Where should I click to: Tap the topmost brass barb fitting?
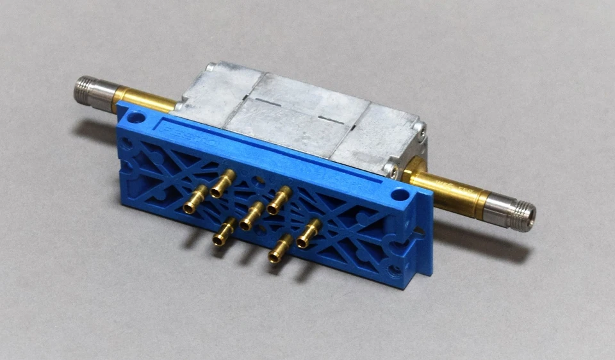point(222,184)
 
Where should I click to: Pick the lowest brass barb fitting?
point(280,249)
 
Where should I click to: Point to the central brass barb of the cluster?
point(251,216)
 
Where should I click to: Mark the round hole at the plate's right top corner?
point(401,194)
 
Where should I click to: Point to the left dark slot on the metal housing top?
point(267,103)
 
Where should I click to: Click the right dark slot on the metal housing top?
point(332,120)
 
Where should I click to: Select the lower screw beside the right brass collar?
point(389,170)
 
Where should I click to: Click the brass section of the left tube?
point(144,100)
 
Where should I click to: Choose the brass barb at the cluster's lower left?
point(224,231)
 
